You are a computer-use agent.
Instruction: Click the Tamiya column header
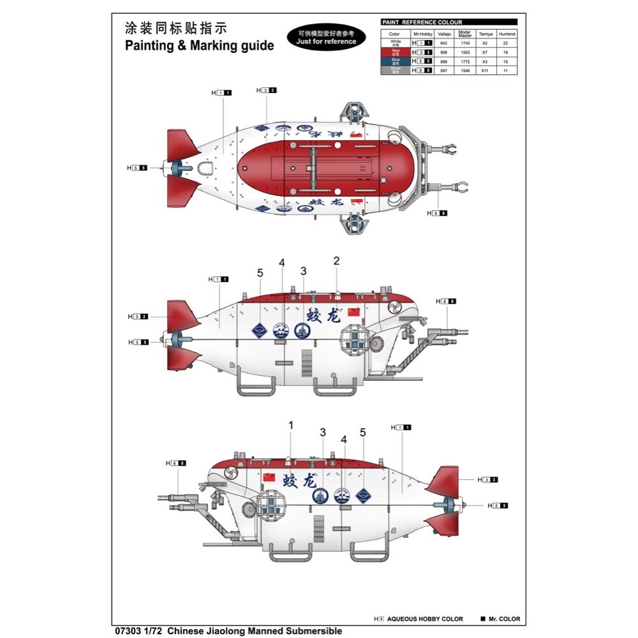click(484, 34)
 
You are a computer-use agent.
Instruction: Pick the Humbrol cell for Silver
click(507, 70)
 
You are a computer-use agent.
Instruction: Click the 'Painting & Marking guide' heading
click(199, 45)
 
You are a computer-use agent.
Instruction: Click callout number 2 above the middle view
click(336, 260)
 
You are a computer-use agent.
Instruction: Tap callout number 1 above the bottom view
click(291, 425)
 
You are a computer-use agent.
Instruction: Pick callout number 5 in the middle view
click(260, 273)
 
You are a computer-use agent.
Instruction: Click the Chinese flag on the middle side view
click(354, 311)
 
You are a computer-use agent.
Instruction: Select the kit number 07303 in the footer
click(124, 631)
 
